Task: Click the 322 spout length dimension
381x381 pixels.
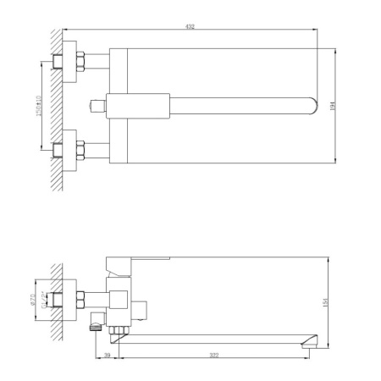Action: click(215, 354)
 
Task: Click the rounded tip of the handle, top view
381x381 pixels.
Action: click(313, 106)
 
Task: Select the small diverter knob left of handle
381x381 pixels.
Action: click(97, 107)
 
